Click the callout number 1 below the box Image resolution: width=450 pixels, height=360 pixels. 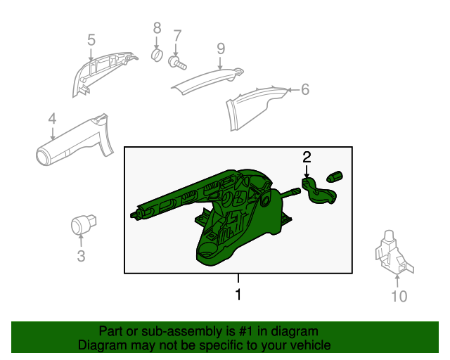click(238, 295)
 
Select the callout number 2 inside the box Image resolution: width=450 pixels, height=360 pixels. click(307, 156)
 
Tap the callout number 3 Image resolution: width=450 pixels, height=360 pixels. click(81, 257)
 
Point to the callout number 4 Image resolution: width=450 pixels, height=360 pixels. click(52, 120)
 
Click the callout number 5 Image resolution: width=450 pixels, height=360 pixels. click(91, 40)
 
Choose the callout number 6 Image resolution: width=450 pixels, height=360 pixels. click(304, 89)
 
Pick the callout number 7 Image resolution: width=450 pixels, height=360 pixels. click(177, 35)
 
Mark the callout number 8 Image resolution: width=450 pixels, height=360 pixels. click(157, 28)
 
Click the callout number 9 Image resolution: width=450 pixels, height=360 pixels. click(220, 48)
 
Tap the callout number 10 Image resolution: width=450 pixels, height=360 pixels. click(398, 297)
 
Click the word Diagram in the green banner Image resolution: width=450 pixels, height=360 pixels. click(101, 346)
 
